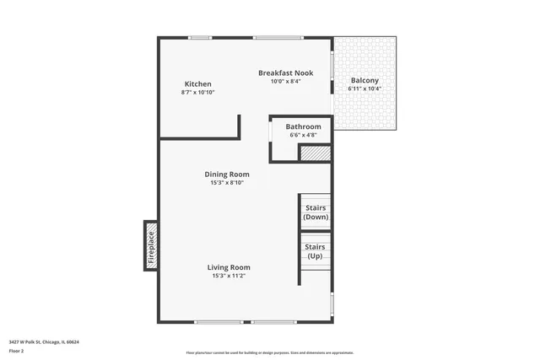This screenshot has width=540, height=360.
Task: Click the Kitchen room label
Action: (x=197, y=83)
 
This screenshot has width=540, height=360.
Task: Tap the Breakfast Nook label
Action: (x=285, y=73)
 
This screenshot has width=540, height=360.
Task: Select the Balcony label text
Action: (x=365, y=80)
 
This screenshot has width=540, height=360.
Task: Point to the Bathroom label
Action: (x=303, y=127)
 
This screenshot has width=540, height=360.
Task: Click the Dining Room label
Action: (x=226, y=175)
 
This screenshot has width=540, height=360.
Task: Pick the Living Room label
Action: (x=229, y=267)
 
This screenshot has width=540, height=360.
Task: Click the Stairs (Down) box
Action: (x=316, y=212)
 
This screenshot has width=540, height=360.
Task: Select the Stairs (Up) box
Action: (x=315, y=250)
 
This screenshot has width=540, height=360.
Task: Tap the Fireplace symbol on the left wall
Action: (x=151, y=246)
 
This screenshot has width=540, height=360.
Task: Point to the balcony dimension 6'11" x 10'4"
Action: (x=365, y=89)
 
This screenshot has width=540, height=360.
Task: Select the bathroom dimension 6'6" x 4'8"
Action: (x=303, y=135)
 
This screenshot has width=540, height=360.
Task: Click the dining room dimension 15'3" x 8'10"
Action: (x=226, y=182)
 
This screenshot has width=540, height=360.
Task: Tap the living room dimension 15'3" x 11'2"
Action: (x=229, y=276)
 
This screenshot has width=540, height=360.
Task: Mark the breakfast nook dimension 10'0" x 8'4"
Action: (x=285, y=82)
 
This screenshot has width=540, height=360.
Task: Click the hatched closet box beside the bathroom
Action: (x=315, y=153)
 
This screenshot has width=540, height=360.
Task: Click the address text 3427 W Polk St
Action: (x=44, y=342)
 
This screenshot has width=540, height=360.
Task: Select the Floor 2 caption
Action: (x=17, y=351)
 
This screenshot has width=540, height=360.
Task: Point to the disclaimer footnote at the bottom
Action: (x=269, y=352)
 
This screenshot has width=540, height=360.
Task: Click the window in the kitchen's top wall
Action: (x=200, y=37)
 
